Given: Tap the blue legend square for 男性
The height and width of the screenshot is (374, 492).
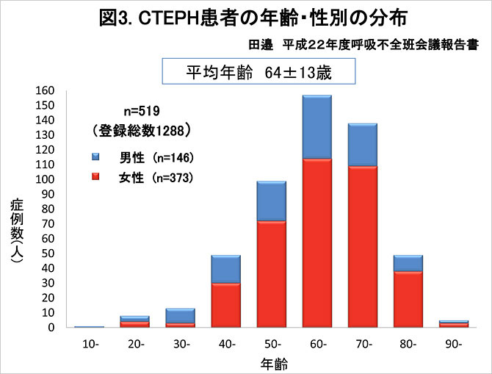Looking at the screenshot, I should pos(96,157).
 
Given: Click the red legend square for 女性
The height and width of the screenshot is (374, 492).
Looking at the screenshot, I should pos(96,177).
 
